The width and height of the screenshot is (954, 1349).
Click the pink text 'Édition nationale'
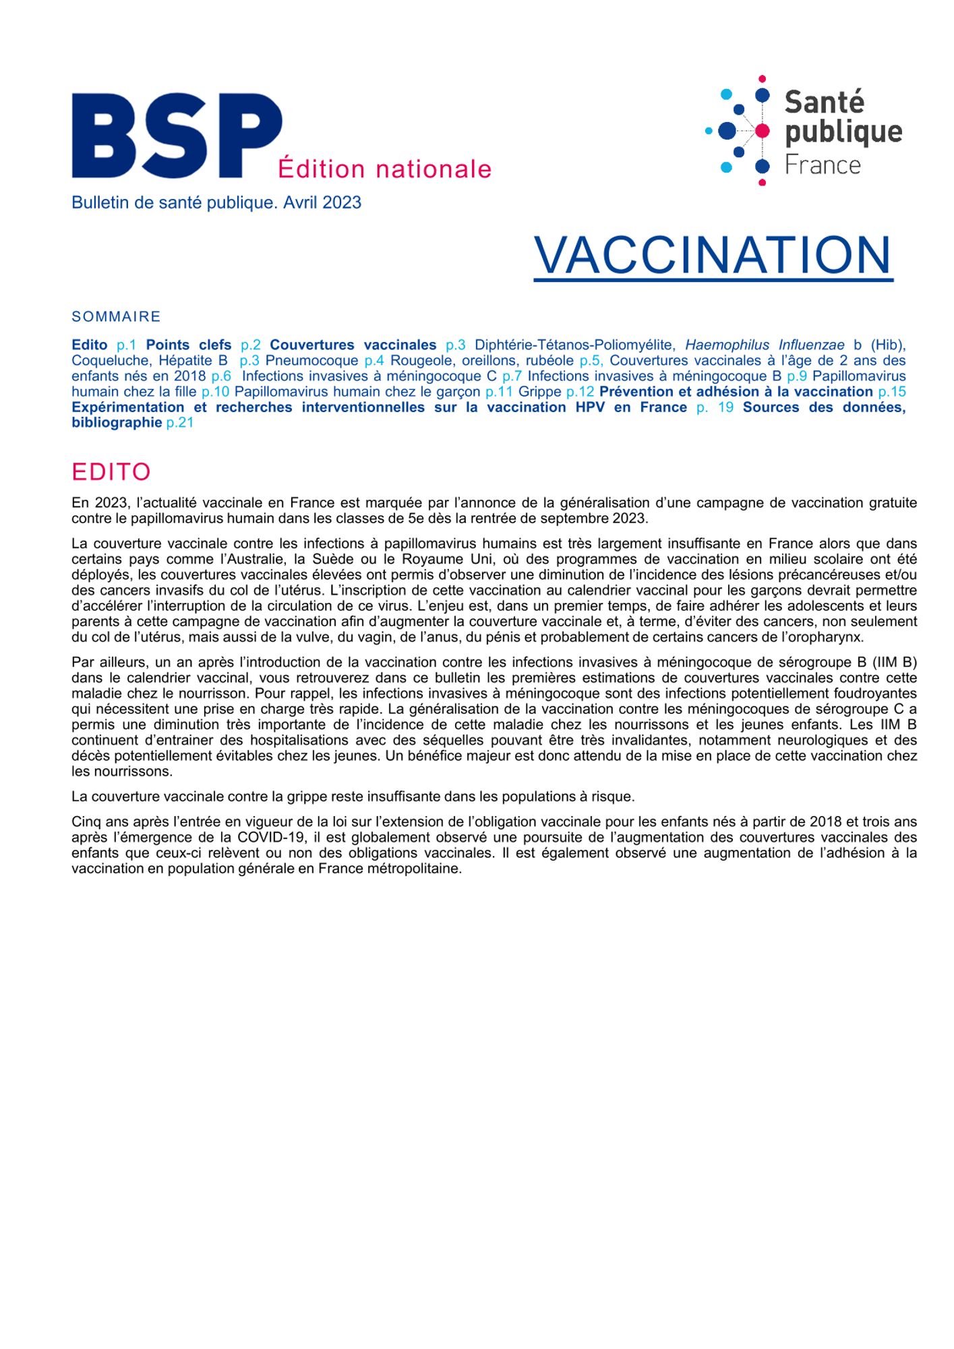384,169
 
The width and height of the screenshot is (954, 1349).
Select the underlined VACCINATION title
713,256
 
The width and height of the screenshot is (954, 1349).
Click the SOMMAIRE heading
116,317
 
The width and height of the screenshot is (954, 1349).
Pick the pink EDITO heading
111,472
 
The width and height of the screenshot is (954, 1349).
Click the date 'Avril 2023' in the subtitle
322,203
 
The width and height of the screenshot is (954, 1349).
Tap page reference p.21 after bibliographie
180,423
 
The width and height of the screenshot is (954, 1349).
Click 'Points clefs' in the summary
189,345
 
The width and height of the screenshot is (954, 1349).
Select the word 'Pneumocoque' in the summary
311,361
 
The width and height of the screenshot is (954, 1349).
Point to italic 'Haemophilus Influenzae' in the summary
765,345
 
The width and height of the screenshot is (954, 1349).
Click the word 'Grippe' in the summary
539,392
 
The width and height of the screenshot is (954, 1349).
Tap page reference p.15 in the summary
891,392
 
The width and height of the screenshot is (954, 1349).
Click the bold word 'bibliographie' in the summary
117,423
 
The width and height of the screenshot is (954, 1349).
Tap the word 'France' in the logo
823,165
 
